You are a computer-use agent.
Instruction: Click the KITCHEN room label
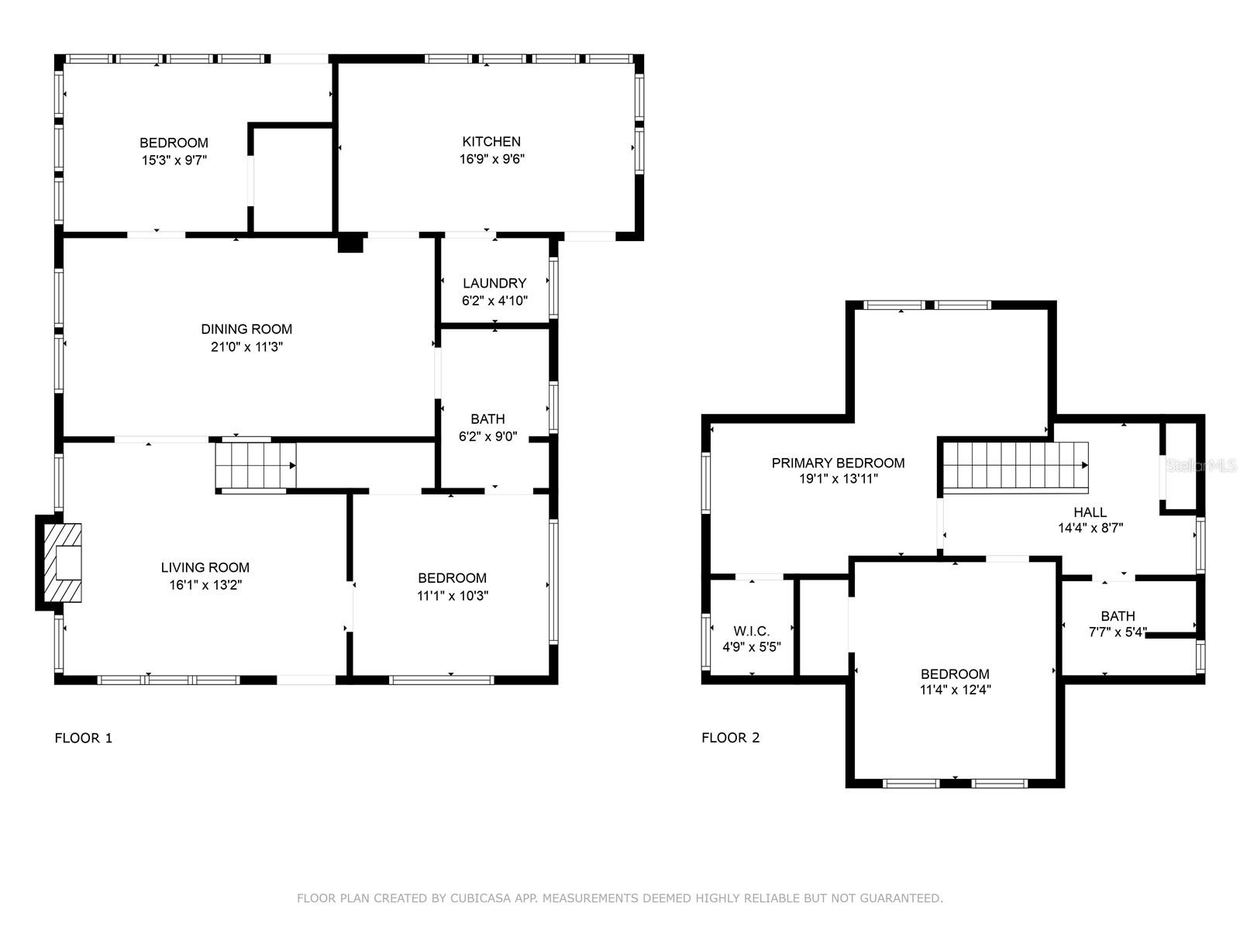tap(491, 142)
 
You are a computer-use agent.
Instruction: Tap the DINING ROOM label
tap(246, 329)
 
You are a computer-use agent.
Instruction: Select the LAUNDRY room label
tap(494, 284)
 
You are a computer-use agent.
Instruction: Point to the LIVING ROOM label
tap(205, 567)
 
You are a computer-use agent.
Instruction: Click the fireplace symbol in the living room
tap(63, 563)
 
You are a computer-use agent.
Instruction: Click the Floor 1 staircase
tap(255, 466)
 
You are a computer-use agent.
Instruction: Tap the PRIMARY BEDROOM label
tap(838, 463)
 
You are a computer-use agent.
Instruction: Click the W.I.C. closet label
tap(751, 631)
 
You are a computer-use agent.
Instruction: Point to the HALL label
tap(1090, 512)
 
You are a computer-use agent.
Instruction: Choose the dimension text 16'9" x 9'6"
tap(491, 159)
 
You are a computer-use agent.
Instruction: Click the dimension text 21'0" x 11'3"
tap(246, 346)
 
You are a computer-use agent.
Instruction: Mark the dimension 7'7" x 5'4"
tap(1118, 632)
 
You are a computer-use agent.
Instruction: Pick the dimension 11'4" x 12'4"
tap(955, 690)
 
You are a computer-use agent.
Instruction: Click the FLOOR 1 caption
tap(84, 738)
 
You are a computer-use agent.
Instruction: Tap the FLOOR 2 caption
tap(731, 738)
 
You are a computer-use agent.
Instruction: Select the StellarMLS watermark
tap(1201, 466)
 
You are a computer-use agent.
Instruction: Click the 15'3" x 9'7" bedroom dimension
tap(174, 160)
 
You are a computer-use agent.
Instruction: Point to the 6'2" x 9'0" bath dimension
tap(487, 436)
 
